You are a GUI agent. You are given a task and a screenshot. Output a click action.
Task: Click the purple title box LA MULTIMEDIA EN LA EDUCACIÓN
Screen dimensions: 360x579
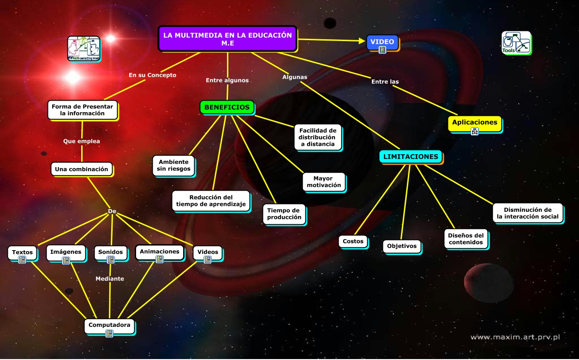click(227, 39)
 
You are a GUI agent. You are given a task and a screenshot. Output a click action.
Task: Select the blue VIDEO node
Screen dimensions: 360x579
click(382, 42)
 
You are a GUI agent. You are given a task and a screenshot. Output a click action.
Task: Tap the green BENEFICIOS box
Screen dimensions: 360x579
click(227, 107)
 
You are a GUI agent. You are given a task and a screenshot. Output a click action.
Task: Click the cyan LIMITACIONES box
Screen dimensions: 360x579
click(411, 156)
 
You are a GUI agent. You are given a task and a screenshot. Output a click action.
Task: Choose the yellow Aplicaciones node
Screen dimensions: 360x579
click(474, 122)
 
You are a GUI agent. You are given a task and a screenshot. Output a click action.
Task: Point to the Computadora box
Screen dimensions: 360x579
click(109, 325)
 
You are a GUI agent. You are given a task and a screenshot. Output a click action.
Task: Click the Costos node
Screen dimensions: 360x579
click(353, 241)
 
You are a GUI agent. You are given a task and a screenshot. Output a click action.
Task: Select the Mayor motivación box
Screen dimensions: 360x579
click(324, 182)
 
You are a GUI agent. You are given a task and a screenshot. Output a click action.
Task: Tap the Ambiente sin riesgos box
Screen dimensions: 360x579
click(173, 165)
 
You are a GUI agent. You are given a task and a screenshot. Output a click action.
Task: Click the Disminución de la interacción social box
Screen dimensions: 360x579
click(527, 213)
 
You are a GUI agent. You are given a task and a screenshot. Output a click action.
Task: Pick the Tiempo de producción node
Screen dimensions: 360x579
click(284, 214)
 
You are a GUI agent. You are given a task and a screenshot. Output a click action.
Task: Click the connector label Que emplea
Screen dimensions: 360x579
click(82, 141)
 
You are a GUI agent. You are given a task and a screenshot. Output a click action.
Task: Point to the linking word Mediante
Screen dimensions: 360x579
click(110, 279)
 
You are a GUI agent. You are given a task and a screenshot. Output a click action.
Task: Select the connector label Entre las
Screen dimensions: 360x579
click(385, 82)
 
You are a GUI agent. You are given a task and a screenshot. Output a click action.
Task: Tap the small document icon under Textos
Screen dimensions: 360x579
click(22, 260)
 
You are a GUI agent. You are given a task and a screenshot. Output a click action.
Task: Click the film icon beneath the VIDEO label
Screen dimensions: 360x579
click(382, 50)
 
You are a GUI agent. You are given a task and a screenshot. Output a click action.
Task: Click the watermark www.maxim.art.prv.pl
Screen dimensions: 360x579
click(515, 337)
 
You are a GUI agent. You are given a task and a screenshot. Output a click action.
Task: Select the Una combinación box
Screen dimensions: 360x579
click(82, 169)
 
